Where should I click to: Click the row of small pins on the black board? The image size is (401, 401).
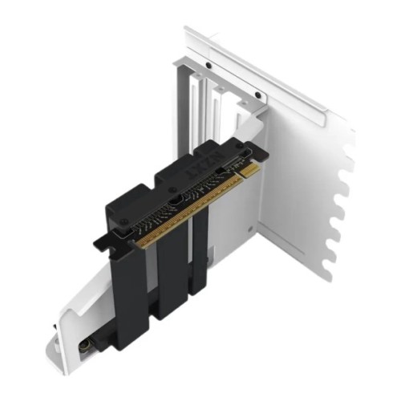(188, 205)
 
